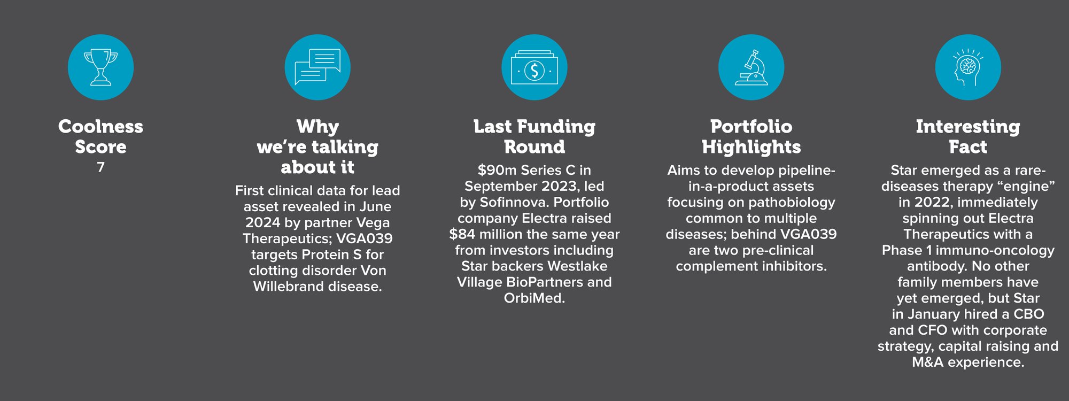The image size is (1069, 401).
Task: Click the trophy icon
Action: tap(100, 67)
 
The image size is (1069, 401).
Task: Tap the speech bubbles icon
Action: tap(317, 67)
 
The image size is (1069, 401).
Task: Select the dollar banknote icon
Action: tap(534, 68)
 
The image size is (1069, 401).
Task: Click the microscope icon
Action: tap(751, 67)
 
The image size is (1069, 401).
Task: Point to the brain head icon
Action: tap(968, 67)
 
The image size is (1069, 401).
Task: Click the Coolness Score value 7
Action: tap(100, 167)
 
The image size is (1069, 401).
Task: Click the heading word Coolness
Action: tap(100, 127)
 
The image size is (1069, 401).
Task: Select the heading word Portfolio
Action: tap(751, 127)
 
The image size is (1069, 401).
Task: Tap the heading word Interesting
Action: tap(968, 127)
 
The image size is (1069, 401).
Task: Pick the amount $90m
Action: tap(497, 170)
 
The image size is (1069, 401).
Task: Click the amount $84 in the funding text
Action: tap(462, 234)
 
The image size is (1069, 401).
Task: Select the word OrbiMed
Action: tap(534, 298)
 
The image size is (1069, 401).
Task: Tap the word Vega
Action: tap(373, 223)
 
